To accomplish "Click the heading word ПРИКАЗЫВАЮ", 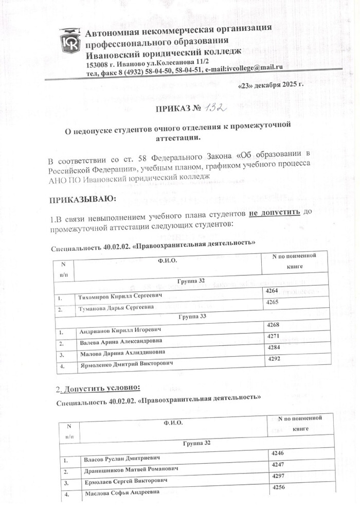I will (82, 199).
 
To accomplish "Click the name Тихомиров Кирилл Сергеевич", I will (119, 297).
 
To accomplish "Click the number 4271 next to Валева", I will (271, 336).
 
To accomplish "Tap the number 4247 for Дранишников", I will (278, 465).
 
